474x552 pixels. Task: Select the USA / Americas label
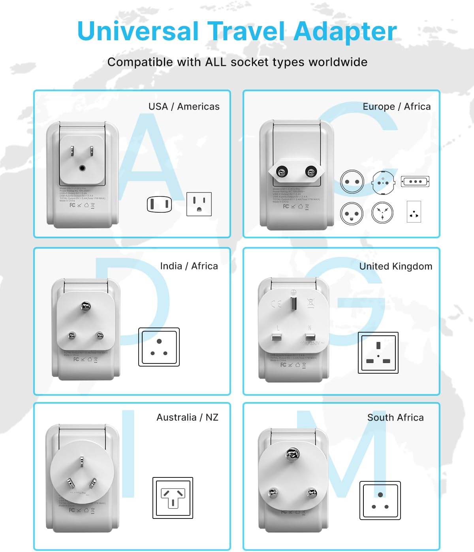(184, 107)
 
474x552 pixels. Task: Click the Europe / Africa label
(396, 107)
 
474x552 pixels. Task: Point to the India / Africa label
(189, 266)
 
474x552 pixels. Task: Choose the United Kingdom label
(395, 266)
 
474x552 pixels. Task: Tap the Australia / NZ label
(187, 417)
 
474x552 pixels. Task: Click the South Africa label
(395, 417)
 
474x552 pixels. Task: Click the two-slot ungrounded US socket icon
(159, 204)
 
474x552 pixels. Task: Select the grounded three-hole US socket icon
(199, 204)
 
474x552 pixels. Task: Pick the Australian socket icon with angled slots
(173, 498)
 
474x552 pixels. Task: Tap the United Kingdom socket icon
(378, 353)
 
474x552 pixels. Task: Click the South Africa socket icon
(380, 500)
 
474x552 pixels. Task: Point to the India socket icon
(159, 347)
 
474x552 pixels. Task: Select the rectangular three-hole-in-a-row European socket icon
(415, 182)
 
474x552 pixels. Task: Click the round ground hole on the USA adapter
(82, 168)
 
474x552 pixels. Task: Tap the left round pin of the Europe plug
(282, 172)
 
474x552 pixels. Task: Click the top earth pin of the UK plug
(293, 303)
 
